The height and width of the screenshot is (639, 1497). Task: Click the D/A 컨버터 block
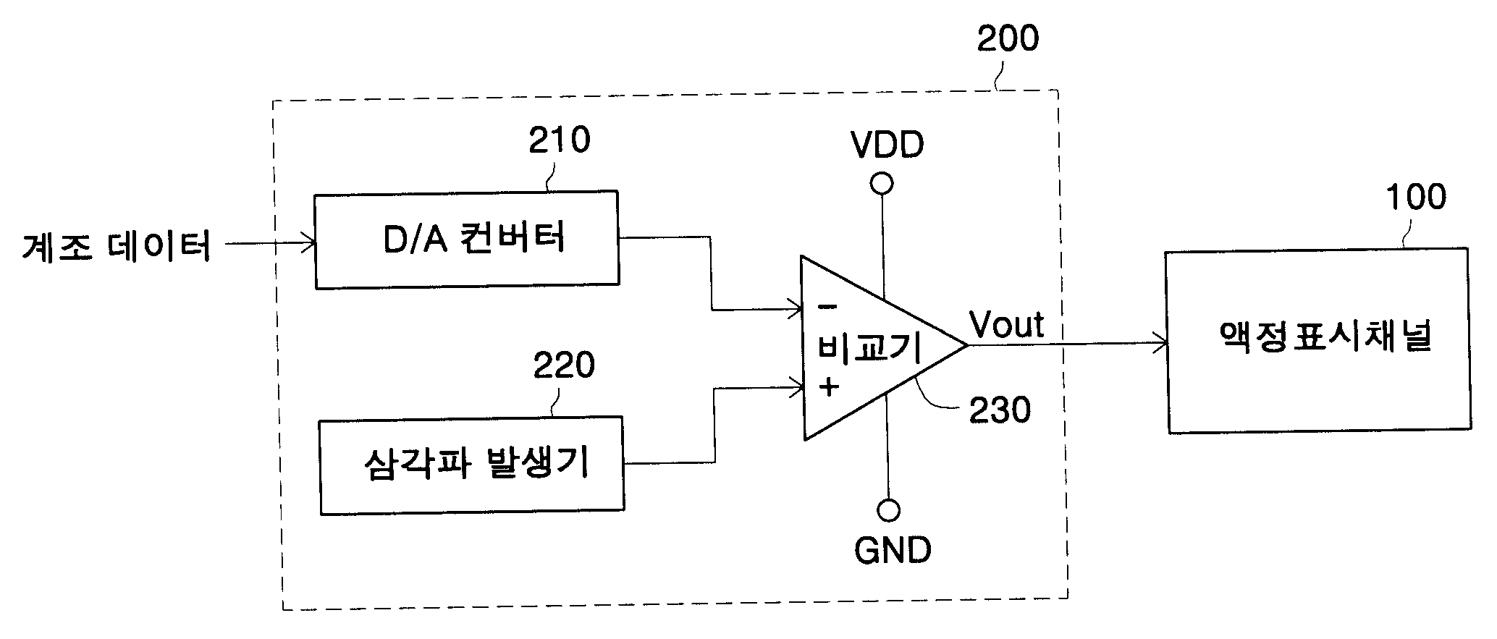[x=467, y=240]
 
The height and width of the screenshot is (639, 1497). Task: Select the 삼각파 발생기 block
[x=472, y=465]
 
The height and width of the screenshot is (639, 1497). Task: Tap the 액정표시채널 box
[x=1318, y=341]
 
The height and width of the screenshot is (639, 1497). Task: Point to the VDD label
[x=887, y=145]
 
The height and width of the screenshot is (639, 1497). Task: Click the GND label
[x=893, y=551]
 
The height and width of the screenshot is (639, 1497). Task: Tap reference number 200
[x=1008, y=38]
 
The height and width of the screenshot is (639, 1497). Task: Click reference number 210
[x=559, y=140]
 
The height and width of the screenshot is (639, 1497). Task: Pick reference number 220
[x=564, y=365]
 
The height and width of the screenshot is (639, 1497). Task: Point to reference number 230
[x=1000, y=410]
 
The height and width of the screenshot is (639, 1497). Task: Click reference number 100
[x=1416, y=197]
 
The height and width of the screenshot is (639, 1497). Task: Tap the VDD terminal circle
[x=882, y=184]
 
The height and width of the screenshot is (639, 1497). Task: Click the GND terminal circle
[x=888, y=510]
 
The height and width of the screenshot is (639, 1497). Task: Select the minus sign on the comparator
[x=825, y=306]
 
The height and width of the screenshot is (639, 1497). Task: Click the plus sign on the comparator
[x=829, y=387]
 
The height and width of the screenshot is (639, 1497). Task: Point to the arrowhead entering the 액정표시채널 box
[x=1159, y=344]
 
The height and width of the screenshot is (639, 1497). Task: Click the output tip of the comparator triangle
[x=967, y=344]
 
